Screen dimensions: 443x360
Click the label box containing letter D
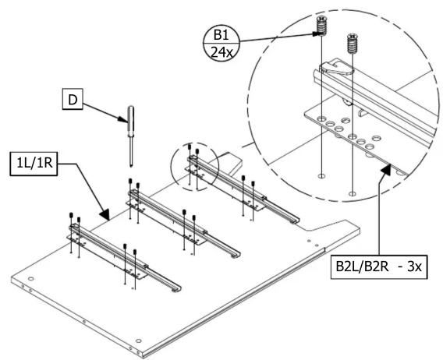(x=73, y=99)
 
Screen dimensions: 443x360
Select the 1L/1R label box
(x=34, y=164)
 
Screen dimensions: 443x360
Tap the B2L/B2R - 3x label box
(x=379, y=266)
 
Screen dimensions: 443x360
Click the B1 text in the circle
(x=221, y=35)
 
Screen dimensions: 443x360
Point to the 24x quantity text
(x=221, y=52)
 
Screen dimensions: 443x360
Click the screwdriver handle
(x=131, y=122)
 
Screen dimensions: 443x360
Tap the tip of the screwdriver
(x=131, y=166)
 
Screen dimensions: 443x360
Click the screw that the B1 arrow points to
(x=321, y=25)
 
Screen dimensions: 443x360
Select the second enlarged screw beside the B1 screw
(x=352, y=43)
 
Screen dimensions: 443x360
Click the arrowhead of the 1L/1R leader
(x=105, y=215)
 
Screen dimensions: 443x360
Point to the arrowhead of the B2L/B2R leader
(x=385, y=169)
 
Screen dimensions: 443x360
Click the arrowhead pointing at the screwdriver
(x=123, y=119)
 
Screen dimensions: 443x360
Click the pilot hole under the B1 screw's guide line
(x=321, y=176)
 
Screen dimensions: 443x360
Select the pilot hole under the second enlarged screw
(x=352, y=194)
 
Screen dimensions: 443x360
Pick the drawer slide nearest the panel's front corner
(x=124, y=256)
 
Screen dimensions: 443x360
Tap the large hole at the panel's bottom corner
(x=138, y=341)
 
